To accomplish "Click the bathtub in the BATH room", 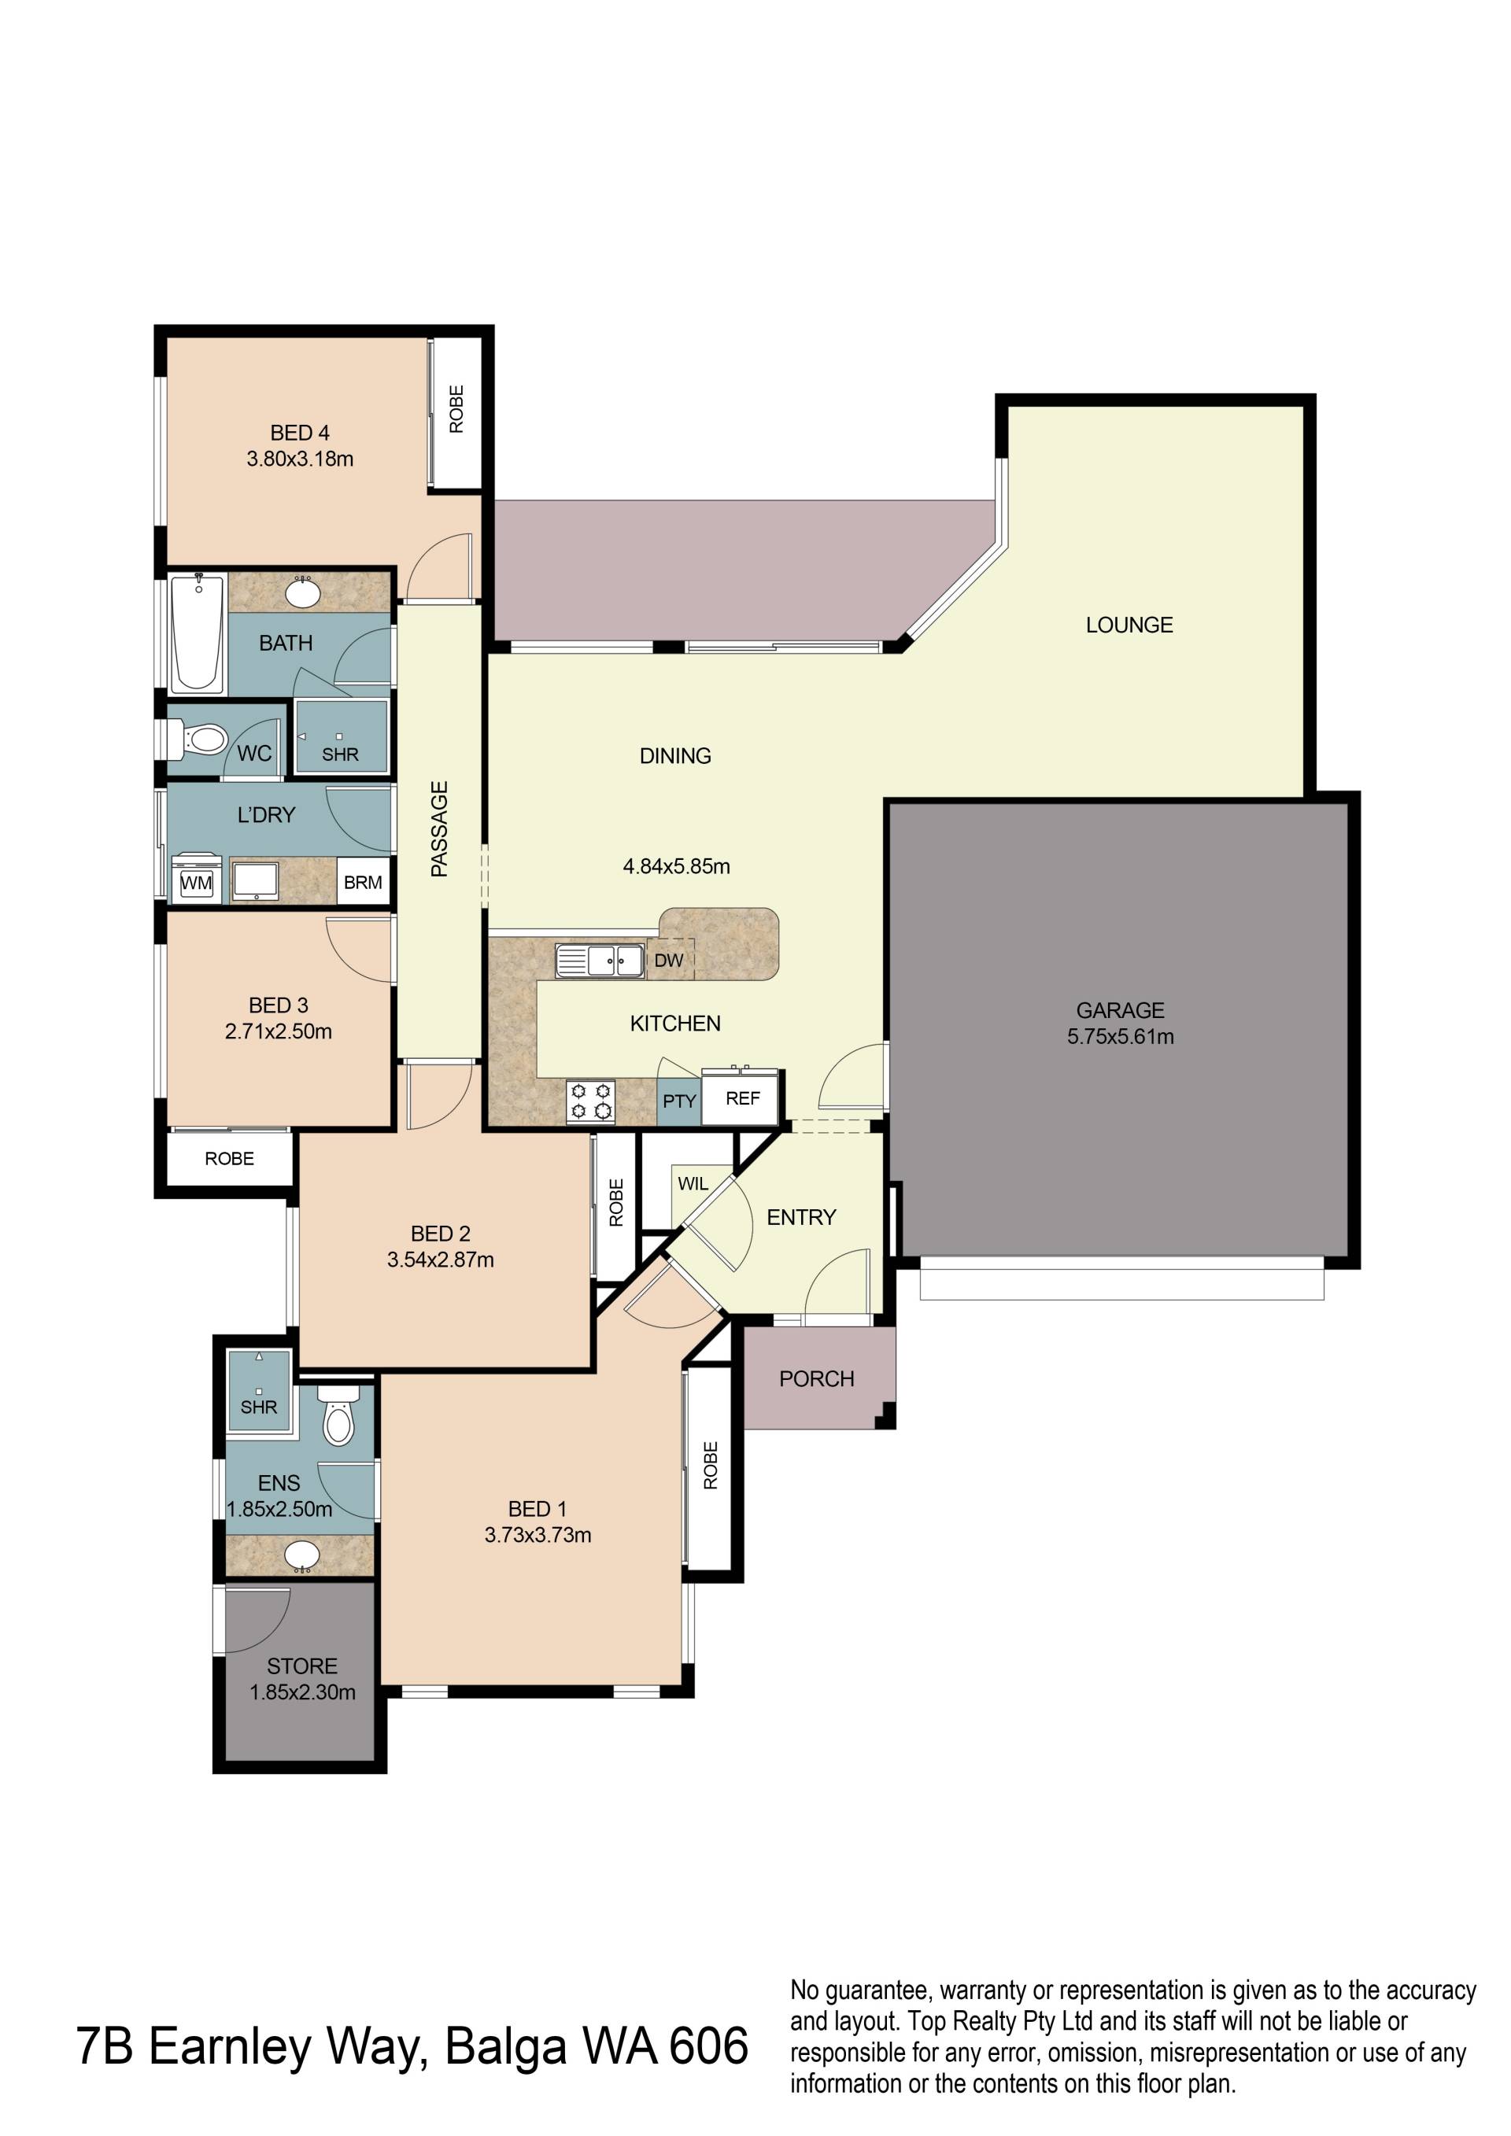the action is point(198,633).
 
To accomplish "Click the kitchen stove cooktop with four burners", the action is point(592,1101).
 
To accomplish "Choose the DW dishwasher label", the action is point(668,960).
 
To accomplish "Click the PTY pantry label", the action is point(679,1101).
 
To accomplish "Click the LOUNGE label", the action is point(1129,625).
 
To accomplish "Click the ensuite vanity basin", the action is point(301,1555).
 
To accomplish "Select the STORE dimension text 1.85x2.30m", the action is point(302,1692).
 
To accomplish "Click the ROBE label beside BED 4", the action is point(456,409).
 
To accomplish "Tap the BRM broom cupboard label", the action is point(363,882).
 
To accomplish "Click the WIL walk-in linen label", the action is point(693,1183).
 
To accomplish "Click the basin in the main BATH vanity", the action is point(302,592).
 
